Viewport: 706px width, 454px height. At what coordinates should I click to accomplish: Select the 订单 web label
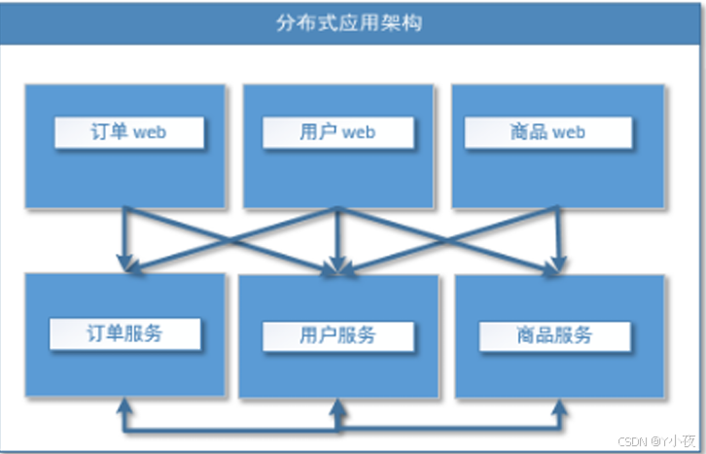[129, 132]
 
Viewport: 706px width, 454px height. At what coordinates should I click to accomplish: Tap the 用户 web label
[337, 132]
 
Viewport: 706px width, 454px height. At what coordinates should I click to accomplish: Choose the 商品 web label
[547, 132]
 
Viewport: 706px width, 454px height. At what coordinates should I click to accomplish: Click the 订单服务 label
[124, 334]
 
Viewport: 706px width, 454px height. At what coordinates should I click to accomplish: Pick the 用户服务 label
[337, 336]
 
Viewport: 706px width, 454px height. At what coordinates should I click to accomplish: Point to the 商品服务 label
[554, 336]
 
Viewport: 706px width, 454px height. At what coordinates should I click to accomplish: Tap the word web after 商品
[568, 132]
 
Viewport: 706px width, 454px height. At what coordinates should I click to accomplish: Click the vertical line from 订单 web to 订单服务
[124, 233]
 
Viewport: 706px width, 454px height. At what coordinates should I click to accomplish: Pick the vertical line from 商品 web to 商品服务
[557, 233]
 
